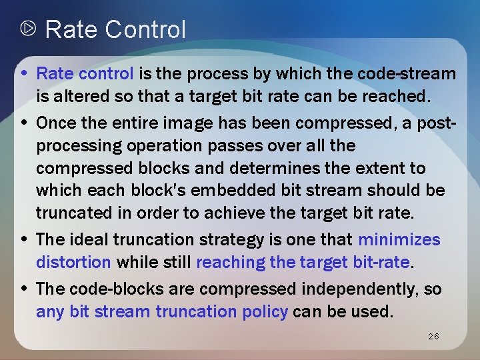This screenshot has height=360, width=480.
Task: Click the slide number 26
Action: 433,337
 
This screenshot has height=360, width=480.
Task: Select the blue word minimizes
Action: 399,239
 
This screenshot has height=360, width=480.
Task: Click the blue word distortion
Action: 74,262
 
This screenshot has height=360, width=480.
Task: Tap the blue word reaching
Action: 231,262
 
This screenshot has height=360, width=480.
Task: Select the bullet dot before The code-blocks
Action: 24,288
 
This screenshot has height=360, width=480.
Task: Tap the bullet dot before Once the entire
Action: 24,123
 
